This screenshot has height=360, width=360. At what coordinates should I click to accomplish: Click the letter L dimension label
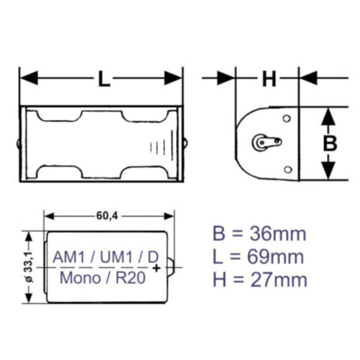103,77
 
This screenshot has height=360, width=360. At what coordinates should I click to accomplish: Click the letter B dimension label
328,143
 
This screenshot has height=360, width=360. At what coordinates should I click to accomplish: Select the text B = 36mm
258,234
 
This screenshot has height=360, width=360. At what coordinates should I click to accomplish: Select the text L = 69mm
258,257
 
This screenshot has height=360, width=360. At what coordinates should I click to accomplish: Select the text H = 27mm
258,280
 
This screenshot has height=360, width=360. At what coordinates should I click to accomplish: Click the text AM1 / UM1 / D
104,256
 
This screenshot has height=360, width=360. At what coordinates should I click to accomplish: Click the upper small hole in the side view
286,118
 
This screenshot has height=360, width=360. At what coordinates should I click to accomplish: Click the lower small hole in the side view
286,168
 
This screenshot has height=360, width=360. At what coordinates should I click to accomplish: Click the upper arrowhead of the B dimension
328,115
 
